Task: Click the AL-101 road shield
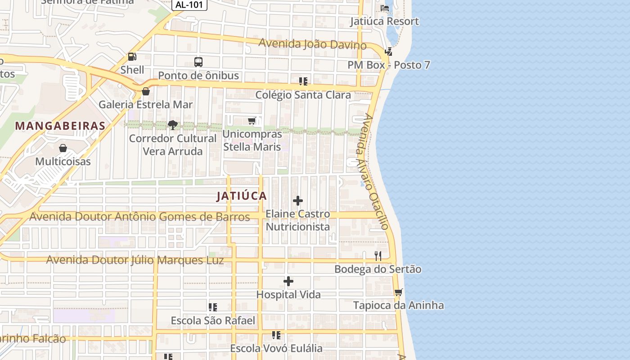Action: [x=189, y=5]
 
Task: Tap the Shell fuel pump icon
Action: [x=132, y=57]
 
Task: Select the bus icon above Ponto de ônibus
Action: [x=198, y=62]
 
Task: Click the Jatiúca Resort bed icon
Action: [x=385, y=8]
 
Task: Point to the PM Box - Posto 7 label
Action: [x=389, y=65]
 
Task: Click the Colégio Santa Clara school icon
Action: [x=303, y=81]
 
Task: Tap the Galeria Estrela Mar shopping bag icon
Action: [x=145, y=91]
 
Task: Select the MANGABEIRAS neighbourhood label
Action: [x=60, y=126]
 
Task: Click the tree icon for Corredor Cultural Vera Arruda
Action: [x=172, y=125]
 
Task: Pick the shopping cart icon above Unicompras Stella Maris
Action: [x=252, y=121]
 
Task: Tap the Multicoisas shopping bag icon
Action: [x=63, y=148]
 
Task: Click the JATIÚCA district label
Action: [x=242, y=196]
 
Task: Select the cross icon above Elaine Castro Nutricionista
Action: [x=298, y=201]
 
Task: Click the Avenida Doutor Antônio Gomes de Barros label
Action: [x=139, y=217]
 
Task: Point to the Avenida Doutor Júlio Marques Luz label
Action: [x=135, y=260]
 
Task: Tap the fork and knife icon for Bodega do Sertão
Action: [x=378, y=256]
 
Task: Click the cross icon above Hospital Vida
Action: [x=288, y=282]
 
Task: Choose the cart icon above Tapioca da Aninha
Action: [x=398, y=292]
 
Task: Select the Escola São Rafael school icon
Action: [x=213, y=307]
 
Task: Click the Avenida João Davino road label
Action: [x=312, y=44]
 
